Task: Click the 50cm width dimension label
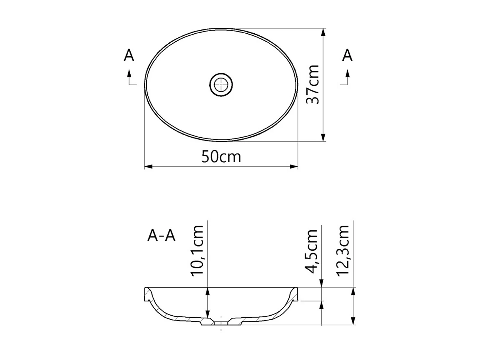pyautogui.click(x=221, y=157)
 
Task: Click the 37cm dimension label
pyautogui.click(x=313, y=84)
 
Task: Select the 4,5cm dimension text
pyautogui.click(x=312, y=251)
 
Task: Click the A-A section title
pyautogui.click(x=162, y=236)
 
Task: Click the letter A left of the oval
pyautogui.click(x=129, y=55)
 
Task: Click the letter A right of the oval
pyautogui.click(x=347, y=55)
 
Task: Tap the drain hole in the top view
pyautogui.click(x=221, y=84)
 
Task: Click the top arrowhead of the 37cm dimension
pyautogui.click(x=323, y=32)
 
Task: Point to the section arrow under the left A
pyautogui.click(x=129, y=74)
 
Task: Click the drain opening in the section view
pyautogui.click(x=221, y=323)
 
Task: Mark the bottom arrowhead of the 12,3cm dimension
pyautogui.click(x=353, y=321)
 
